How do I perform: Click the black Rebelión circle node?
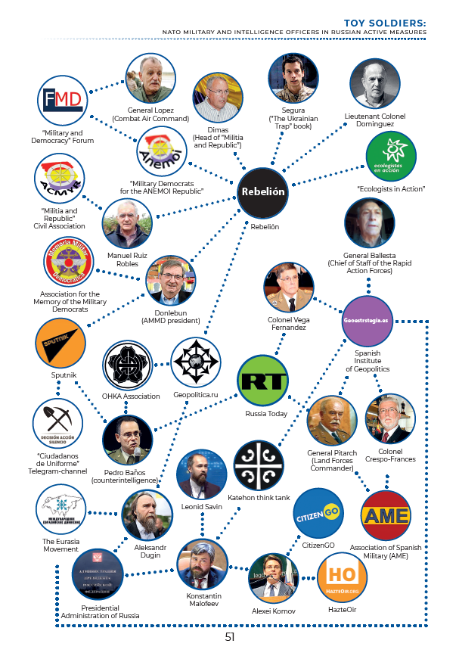click(x=264, y=191)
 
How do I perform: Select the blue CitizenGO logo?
click(x=318, y=513)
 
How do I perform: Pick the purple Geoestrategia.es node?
click(x=368, y=321)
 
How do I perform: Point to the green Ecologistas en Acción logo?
click(x=390, y=156)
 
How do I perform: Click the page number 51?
click(x=230, y=637)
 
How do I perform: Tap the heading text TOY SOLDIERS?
click(x=385, y=23)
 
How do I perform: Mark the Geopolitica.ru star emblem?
click(x=196, y=362)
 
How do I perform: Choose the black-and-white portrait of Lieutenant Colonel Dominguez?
click(x=375, y=83)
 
